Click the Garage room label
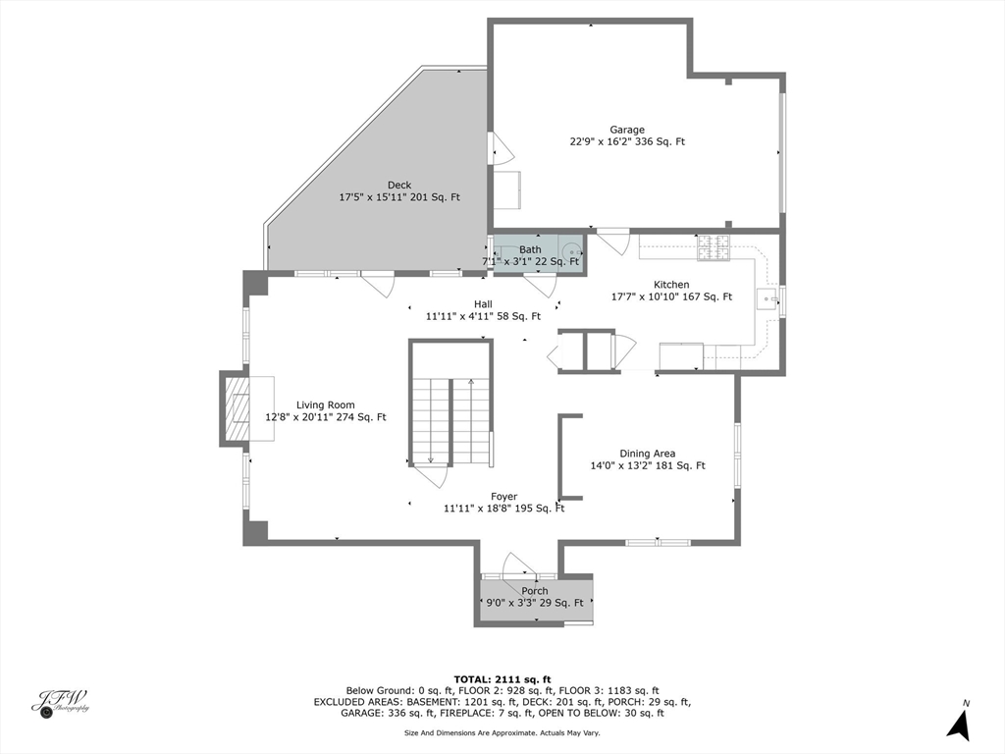[627, 130]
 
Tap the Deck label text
[399, 186]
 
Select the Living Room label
[326, 405]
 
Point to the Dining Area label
[648, 454]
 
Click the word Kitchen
[671, 285]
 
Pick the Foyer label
[504, 497]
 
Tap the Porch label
[535, 591]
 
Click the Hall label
[483, 304]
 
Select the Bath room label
[530, 249]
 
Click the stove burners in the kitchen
[714, 247]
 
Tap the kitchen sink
[767, 300]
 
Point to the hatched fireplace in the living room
[236, 407]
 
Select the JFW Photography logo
[60, 703]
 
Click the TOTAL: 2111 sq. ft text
[502, 679]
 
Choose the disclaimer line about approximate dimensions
[502, 732]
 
